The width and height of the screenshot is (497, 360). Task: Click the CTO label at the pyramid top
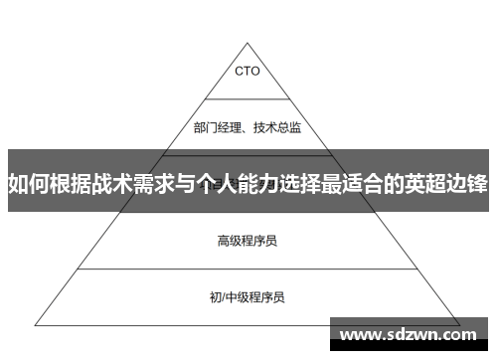pyautogui.click(x=248, y=71)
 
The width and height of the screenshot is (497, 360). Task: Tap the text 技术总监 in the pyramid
pyautogui.click(x=279, y=127)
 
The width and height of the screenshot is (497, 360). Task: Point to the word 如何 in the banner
pyautogui.click(x=28, y=184)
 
